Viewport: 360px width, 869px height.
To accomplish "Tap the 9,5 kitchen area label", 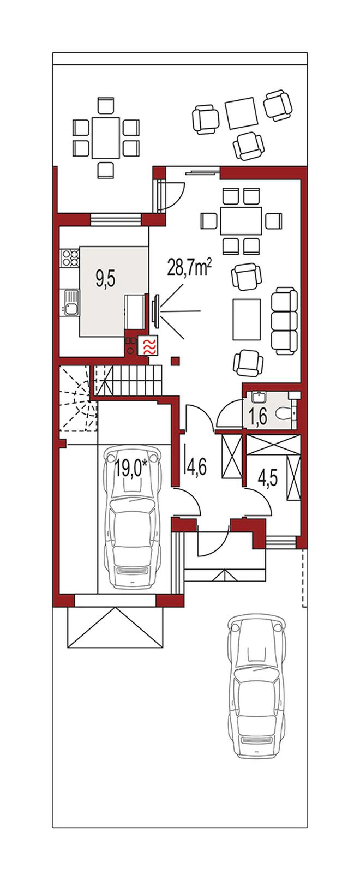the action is (x=106, y=280).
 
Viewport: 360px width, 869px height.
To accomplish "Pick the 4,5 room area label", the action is (x=267, y=478).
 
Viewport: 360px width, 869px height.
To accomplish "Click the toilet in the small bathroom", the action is (x=285, y=413).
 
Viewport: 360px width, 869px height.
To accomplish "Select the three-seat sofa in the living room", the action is (x=285, y=320).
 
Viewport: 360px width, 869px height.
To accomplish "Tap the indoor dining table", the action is (x=241, y=221).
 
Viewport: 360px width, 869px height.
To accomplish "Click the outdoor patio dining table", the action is (x=105, y=137).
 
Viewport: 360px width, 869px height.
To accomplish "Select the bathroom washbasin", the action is (x=258, y=397).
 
